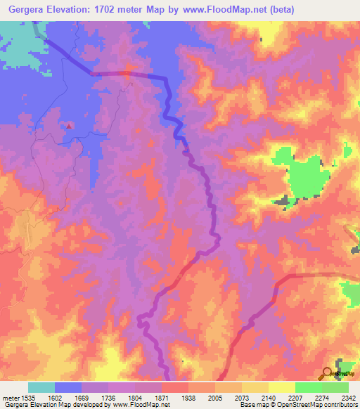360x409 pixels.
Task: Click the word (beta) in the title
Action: point(279,9)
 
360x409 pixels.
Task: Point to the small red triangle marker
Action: point(70,125)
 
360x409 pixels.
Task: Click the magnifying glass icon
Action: point(328,373)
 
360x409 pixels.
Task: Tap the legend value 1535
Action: point(30,397)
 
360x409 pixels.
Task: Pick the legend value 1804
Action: point(136,397)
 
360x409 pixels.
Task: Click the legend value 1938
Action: point(189,397)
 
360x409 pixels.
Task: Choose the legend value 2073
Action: point(243,397)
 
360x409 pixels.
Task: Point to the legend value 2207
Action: point(295,397)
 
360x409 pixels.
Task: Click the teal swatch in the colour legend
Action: point(41,387)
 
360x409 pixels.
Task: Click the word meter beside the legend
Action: point(10,397)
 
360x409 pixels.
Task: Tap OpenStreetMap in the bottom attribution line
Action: point(285,405)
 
